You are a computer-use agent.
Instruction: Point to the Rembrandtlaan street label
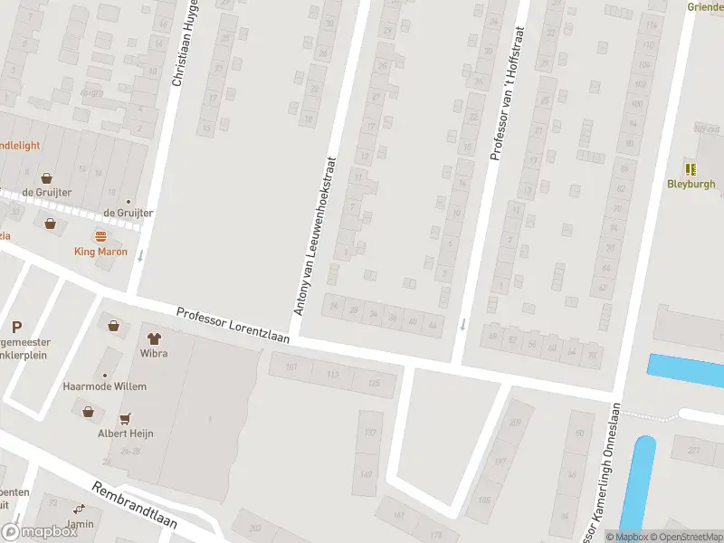tap(135, 510)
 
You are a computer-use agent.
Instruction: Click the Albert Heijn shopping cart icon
tap(125, 419)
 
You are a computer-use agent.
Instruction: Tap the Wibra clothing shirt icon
tap(153, 338)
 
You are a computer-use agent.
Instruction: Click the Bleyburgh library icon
tap(691, 168)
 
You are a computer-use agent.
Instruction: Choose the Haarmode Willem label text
tap(104, 386)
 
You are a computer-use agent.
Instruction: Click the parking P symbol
tap(16, 327)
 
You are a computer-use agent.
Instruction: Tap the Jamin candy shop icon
tap(79, 510)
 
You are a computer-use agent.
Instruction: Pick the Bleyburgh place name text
tap(691, 184)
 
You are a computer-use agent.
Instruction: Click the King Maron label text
tap(100, 252)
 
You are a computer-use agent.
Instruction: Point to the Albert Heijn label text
tap(126, 433)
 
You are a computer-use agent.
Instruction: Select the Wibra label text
tap(153, 354)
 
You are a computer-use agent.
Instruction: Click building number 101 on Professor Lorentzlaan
tap(291, 367)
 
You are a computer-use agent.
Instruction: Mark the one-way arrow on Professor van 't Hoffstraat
tap(462, 324)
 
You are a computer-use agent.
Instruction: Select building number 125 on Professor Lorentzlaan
tap(374, 382)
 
